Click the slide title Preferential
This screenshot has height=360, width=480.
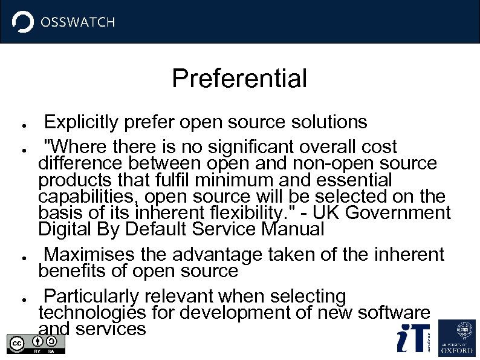(x=239, y=79)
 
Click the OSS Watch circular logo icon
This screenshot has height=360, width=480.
(x=23, y=22)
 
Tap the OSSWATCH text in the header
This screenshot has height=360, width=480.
(x=77, y=22)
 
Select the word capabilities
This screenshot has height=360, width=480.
(x=89, y=197)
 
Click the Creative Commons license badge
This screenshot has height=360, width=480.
(x=36, y=344)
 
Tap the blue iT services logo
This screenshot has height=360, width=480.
(x=414, y=338)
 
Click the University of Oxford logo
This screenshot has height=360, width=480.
(x=457, y=338)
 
